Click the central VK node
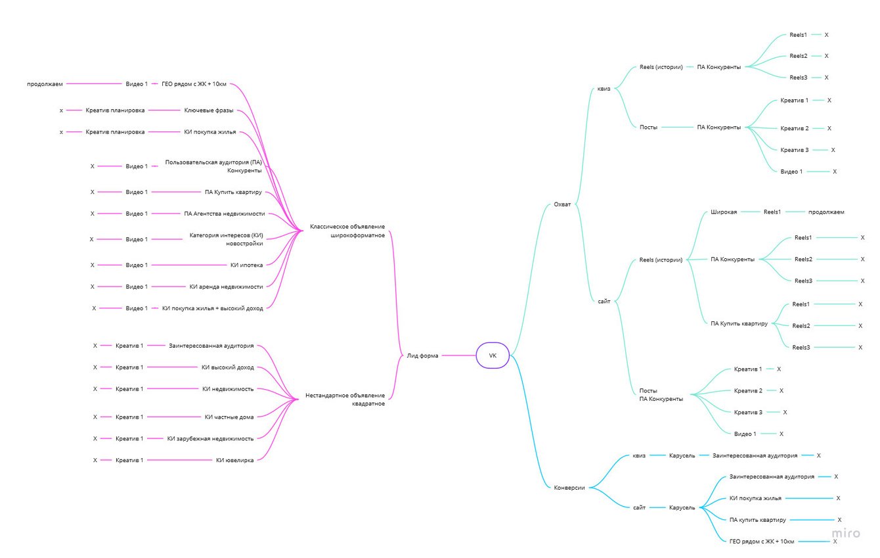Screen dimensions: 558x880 (493, 356)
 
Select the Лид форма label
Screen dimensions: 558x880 (422, 356)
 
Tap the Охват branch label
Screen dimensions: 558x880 (562, 204)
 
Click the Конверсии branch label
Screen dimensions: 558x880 (569, 488)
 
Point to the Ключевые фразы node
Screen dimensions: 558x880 (208, 110)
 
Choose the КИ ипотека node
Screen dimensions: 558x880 (246, 265)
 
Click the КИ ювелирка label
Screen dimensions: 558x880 (234, 460)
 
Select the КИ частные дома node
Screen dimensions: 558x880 (229, 417)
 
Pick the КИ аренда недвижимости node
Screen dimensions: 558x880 (226, 287)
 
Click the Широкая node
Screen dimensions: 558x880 (724, 212)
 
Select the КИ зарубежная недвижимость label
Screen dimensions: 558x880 (210, 438)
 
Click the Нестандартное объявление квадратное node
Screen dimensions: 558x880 (345, 400)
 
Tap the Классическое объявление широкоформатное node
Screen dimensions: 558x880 (347, 231)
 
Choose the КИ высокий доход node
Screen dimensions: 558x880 (227, 367)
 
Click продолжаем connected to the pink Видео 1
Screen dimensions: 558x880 (45, 84)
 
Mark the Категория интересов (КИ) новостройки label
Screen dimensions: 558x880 (226, 239)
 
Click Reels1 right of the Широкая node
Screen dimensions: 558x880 (772, 212)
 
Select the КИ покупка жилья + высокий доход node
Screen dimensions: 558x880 (212, 308)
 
